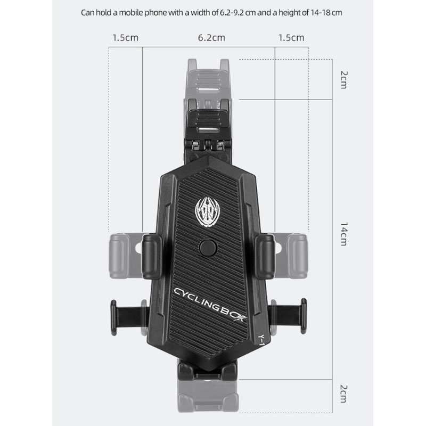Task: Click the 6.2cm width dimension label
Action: [211, 38]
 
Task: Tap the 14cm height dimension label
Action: [343, 234]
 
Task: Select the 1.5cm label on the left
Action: [125, 38]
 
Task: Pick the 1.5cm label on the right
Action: [291, 38]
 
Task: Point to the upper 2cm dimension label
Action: [343, 80]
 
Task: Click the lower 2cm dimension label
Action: [343, 394]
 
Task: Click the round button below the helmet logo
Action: [208, 247]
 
